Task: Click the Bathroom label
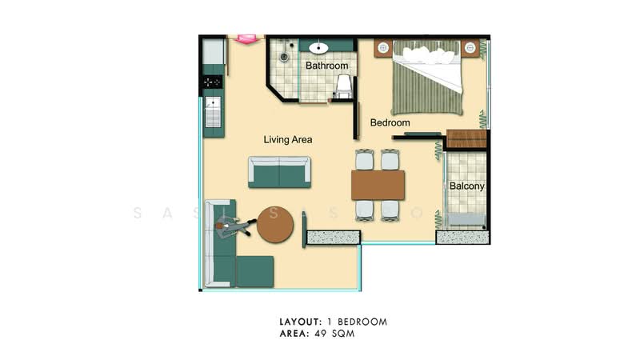[326, 66]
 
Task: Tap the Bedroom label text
[390, 123]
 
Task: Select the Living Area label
[288, 139]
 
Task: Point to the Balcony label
[467, 186]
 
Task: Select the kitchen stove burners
[213, 82]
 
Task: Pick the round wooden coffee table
[278, 227]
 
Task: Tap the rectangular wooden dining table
[378, 185]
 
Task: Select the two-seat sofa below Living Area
[278, 171]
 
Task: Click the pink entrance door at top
[246, 38]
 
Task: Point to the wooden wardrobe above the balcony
[466, 138]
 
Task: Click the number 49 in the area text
[319, 334]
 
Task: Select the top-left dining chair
[365, 160]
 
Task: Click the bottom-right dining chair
[391, 210]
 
